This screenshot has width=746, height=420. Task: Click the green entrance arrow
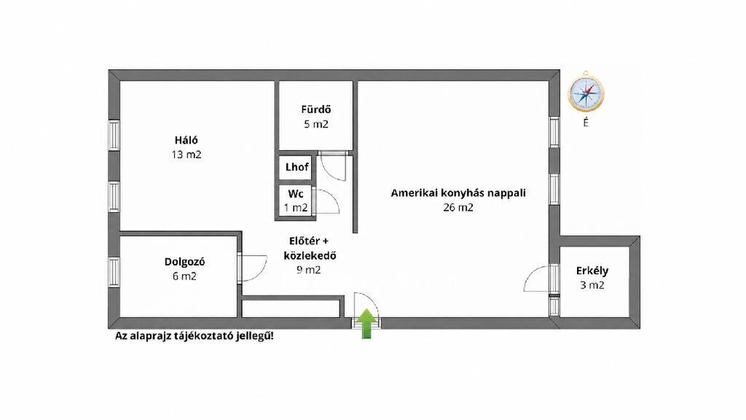click(x=366, y=324)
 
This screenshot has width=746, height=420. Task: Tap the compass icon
click(x=586, y=92)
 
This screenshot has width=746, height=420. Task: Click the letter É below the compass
click(x=586, y=123)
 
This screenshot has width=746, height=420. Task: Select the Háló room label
click(x=186, y=141)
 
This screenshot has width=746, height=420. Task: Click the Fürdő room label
click(x=315, y=109)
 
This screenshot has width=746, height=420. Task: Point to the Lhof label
click(x=297, y=167)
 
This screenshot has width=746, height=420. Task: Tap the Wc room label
click(x=296, y=194)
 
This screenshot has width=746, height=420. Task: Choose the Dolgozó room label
click(x=185, y=262)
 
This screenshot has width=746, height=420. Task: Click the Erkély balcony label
click(x=592, y=271)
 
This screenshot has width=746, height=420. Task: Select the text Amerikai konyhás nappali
click(x=458, y=193)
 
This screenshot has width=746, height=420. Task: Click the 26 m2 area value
click(x=458, y=207)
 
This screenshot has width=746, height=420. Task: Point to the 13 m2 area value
click(x=186, y=155)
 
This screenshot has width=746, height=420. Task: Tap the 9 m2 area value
click(x=309, y=270)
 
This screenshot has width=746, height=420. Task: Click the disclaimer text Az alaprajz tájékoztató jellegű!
click(x=195, y=336)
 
